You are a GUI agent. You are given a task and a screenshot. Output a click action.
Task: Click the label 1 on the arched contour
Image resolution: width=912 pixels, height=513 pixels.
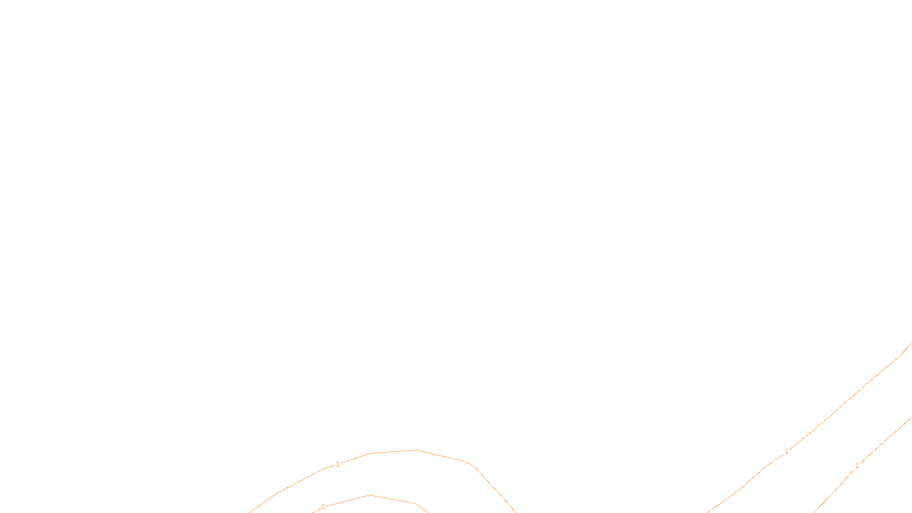tap(337, 464)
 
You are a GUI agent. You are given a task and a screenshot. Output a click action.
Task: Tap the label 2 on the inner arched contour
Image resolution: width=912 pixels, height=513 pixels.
tap(323, 507)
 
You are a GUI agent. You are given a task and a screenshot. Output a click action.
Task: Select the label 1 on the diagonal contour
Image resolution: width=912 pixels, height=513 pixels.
tap(787, 451)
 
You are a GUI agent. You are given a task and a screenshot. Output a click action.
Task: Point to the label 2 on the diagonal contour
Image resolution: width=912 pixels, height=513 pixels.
tap(856, 466)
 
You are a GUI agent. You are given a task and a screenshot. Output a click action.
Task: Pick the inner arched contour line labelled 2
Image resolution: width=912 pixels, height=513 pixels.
tap(393, 499)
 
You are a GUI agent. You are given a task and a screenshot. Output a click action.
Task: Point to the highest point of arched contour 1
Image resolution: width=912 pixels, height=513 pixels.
tap(416, 450)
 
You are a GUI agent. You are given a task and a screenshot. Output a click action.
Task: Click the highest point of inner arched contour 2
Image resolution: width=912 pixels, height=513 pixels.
tap(370, 495)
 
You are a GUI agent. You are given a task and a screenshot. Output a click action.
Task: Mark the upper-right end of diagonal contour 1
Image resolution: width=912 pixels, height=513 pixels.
tap(911, 344)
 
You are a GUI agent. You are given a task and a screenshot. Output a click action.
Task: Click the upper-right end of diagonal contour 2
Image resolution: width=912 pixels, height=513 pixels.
tap(911, 418)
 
